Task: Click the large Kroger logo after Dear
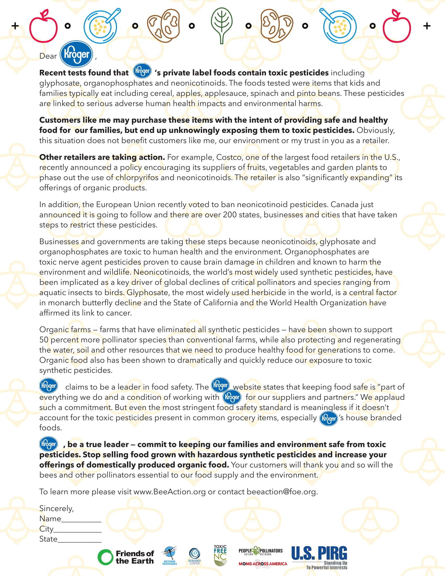(76, 54)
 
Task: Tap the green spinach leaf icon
(222, 25)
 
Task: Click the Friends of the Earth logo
(126, 557)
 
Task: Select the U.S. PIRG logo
(319, 557)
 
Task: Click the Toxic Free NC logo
(220, 555)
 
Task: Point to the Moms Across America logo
(263, 564)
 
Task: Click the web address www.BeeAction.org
(170, 492)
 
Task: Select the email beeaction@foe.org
(281, 492)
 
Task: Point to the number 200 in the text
(230, 215)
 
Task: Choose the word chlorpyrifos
(137, 178)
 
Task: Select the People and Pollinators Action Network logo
(260, 551)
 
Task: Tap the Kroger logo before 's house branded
(328, 419)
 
